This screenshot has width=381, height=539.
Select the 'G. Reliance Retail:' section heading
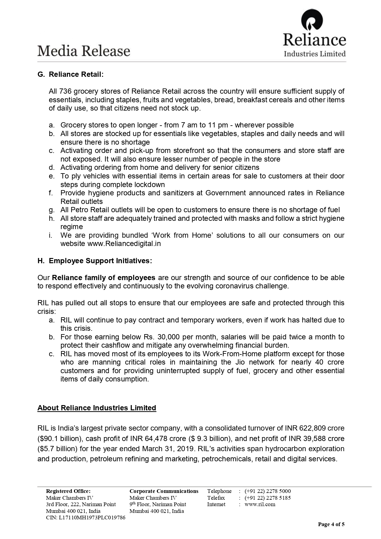pyautogui.click(x=70, y=74)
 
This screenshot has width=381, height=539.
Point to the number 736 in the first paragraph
pyautogui.click(x=65, y=91)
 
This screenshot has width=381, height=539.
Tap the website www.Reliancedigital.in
pyautogui.click(x=124, y=244)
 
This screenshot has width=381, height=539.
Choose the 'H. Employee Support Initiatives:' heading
pyautogui.click(x=95, y=261)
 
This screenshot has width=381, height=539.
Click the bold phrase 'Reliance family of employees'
pyautogui.click(x=103, y=278)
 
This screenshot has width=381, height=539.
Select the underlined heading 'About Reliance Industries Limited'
pyautogui.click(x=97, y=408)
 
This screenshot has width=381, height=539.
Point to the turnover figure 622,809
pyautogui.click(x=313, y=428)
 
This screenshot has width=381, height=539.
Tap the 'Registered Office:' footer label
pyautogui.click(x=68, y=491)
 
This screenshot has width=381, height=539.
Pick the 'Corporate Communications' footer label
pyautogui.click(x=164, y=491)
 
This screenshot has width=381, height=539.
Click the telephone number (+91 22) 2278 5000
pyautogui.click(x=267, y=491)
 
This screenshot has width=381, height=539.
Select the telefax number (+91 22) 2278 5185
pyautogui.click(x=267, y=498)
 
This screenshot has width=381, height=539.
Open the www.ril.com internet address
pyautogui.click(x=260, y=504)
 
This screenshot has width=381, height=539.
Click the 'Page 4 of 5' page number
pyautogui.click(x=331, y=524)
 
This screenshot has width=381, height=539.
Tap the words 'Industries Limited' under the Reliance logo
pyautogui.click(x=315, y=54)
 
